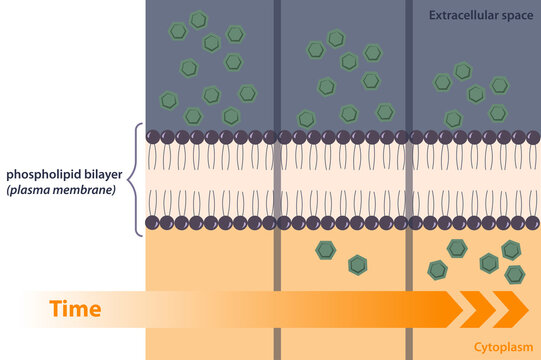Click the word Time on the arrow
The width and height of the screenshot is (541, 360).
coord(75,309)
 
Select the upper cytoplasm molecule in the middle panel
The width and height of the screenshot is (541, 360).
coord(324,250)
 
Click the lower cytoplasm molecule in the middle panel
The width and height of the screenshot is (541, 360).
coord(357,264)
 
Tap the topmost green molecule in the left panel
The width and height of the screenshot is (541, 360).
coord(199,19)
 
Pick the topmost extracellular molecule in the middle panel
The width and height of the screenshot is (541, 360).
coord(336,38)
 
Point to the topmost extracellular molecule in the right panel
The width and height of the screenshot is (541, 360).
coord(462,71)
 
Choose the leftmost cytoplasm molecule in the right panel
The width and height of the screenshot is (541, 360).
coord(437,268)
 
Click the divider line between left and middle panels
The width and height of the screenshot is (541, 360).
coord(277,180)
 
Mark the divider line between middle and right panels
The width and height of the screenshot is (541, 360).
coord(408,180)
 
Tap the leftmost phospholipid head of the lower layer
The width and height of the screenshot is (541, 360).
coord(153,222)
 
